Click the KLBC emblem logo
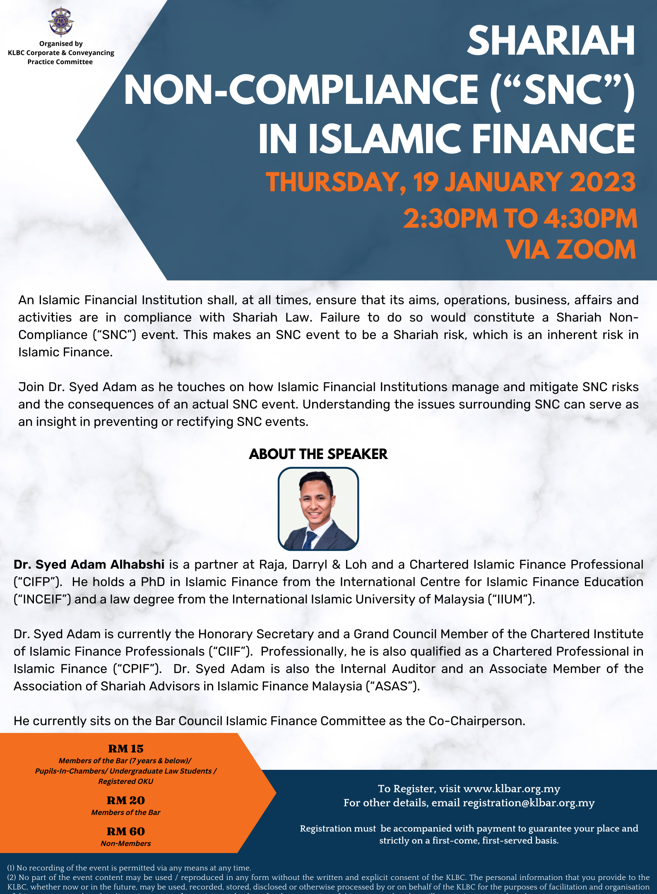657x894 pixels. [61, 22]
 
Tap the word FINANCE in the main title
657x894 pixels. [554, 139]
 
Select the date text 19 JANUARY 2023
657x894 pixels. [524, 182]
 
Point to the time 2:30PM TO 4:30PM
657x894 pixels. [520, 219]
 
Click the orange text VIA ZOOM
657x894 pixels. [570, 250]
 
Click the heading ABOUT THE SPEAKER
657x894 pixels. [318, 454]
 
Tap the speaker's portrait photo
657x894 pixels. [318, 509]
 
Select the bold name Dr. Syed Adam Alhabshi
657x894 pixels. [89, 565]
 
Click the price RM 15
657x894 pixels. [125, 749]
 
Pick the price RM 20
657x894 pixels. [125, 800]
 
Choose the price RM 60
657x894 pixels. [125, 832]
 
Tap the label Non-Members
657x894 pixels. [125, 844]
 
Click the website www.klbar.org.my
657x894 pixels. [512, 789]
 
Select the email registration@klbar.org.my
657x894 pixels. [528, 803]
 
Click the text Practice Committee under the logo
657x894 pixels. [60, 62]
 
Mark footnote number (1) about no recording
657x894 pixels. [11, 868]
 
